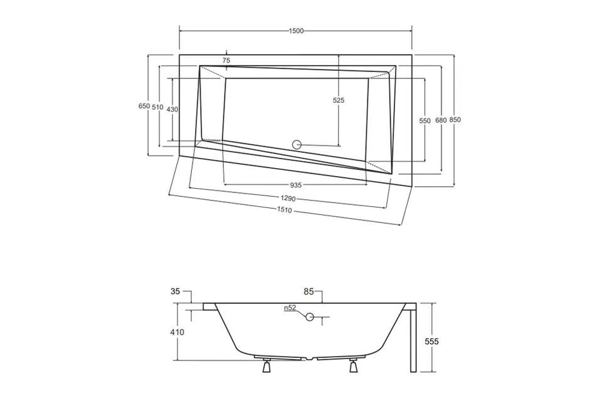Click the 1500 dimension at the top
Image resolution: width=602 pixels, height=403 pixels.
296,31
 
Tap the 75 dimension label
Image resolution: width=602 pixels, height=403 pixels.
226,60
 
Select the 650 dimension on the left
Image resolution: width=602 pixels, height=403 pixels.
144,106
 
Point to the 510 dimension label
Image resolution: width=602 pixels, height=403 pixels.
158,107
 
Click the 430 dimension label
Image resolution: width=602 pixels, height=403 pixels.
172,110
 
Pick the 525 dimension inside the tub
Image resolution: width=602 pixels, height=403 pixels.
339,100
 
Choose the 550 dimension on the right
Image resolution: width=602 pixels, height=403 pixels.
425,120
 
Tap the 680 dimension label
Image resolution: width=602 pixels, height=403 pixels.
441,120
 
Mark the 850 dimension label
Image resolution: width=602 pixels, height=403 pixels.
455,120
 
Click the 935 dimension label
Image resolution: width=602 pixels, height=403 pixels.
295,185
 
